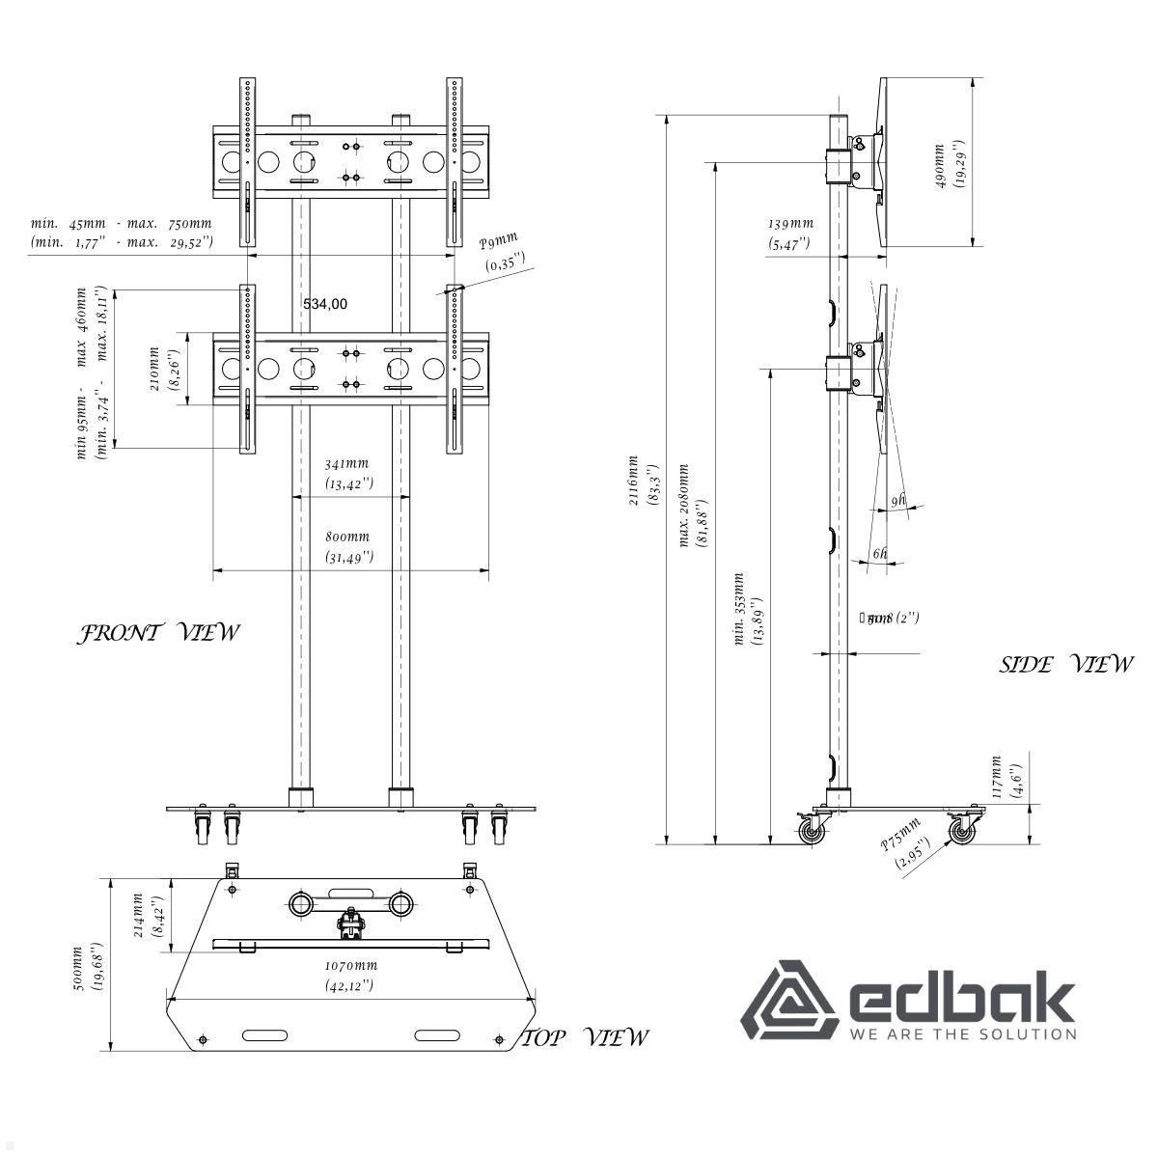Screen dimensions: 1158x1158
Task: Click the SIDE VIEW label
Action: pos(1065,664)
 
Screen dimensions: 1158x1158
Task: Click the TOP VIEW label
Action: pos(586,1037)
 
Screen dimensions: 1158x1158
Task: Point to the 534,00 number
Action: pos(325,304)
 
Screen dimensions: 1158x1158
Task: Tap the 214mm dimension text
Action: pos(146,916)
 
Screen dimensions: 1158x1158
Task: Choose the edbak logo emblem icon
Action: pos(787,1000)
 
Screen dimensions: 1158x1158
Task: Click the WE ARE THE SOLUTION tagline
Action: pos(962,1034)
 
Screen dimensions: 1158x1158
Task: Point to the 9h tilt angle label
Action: pos(897,500)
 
